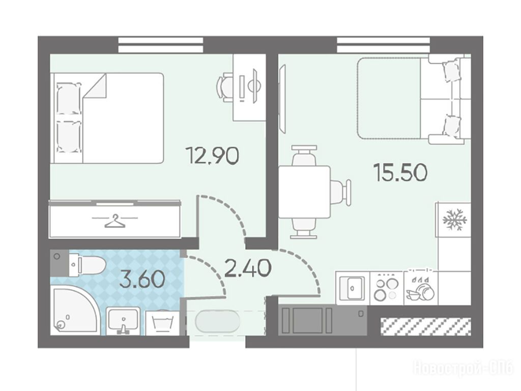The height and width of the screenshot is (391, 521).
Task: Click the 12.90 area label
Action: (212, 156)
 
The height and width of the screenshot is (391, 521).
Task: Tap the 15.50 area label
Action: (400, 173)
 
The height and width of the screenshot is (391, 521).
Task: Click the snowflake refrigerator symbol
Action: (455, 219)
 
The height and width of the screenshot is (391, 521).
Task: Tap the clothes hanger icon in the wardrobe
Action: (115, 221)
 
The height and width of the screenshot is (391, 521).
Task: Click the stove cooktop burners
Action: (386, 287)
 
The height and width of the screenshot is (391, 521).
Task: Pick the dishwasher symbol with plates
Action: (420, 288)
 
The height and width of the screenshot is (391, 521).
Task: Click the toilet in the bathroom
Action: (87, 265)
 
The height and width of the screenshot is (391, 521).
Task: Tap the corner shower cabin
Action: (74, 311)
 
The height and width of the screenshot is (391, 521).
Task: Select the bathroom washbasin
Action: (123, 321)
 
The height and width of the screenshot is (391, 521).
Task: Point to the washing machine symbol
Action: (162, 322)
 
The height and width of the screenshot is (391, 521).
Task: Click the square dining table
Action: (305, 192)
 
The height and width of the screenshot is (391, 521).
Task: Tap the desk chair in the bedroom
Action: (224, 88)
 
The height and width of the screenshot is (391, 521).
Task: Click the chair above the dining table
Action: (303, 156)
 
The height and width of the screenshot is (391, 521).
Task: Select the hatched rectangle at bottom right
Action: (426, 326)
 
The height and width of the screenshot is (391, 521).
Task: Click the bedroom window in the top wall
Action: (161, 45)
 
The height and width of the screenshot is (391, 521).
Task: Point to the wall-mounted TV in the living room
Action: (282, 98)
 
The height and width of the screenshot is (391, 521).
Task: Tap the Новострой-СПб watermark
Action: (463, 368)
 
